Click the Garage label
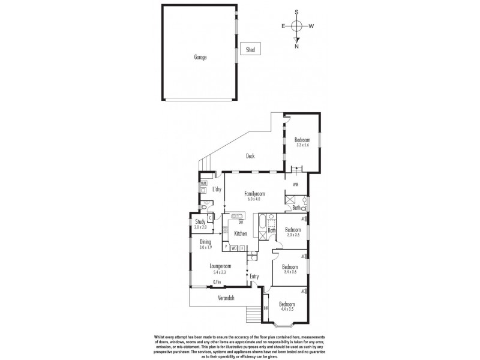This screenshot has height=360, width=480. (x=200, y=58)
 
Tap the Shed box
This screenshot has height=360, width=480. (x=249, y=50)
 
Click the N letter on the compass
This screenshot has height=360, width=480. (x=296, y=46)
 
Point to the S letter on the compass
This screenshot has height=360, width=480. (x=296, y=11)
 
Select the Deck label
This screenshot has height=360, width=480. (x=250, y=157)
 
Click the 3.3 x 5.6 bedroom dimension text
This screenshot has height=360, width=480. (x=302, y=144)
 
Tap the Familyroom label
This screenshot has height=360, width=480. (x=255, y=194)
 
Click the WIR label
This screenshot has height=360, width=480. (x=295, y=185)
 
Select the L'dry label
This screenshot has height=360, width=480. (x=217, y=190)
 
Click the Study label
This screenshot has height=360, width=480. (x=200, y=221)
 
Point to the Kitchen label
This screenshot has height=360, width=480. (x=241, y=233)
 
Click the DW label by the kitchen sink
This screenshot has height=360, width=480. (x=240, y=222)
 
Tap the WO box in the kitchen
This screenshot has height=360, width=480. (x=234, y=247)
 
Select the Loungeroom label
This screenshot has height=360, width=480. (x=221, y=266)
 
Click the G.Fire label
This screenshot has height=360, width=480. (x=217, y=282)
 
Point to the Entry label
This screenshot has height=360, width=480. (x=255, y=277)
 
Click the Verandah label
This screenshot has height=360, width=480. (x=225, y=298)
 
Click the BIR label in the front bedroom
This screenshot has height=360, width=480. (x=266, y=308)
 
